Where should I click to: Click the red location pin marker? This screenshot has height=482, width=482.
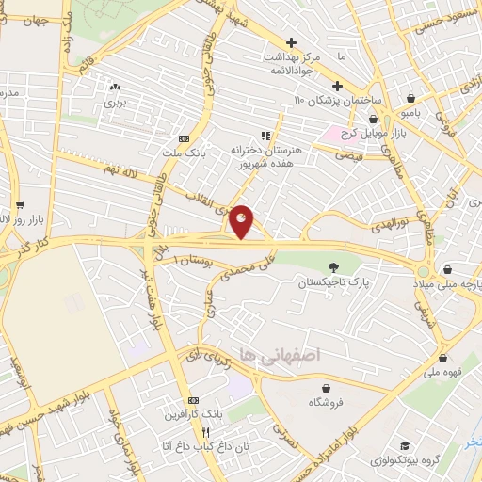click(242, 221)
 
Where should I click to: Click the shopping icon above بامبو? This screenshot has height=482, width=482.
click(411, 97)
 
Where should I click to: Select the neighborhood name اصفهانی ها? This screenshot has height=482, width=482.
click(281, 354)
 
